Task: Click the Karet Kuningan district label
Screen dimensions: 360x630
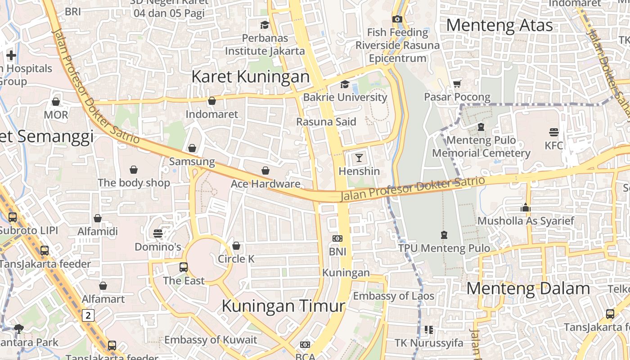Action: (x=251, y=76)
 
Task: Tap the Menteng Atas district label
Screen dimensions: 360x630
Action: (x=499, y=25)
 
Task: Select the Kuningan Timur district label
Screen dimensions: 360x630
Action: (x=283, y=306)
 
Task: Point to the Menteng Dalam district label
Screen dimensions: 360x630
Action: (x=528, y=288)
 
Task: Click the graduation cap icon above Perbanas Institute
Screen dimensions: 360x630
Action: (x=265, y=25)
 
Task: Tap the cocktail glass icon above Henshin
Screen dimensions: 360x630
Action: (x=359, y=158)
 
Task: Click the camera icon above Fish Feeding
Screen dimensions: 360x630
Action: (x=397, y=19)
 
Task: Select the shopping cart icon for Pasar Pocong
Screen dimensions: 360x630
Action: (x=457, y=84)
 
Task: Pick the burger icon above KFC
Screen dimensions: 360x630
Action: (x=554, y=132)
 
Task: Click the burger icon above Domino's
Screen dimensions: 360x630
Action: (x=158, y=234)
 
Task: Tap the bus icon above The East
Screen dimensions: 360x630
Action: (x=184, y=267)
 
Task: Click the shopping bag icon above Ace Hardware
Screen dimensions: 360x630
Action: (x=265, y=171)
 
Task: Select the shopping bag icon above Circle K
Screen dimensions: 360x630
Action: (x=236, y=246)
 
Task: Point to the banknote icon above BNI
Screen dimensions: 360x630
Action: (x=337, y=238)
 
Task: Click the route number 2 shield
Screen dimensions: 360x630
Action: (x=88, y=315)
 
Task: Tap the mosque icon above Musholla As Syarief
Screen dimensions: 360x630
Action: (x=526, y=207)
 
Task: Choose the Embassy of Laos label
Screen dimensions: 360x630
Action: (x=393, y=296)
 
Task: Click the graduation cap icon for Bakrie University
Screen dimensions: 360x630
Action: (x=345, y=84)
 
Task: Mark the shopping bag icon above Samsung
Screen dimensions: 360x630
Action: (x=192, y=148)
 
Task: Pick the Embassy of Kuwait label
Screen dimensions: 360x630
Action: (x=211, y=340)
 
